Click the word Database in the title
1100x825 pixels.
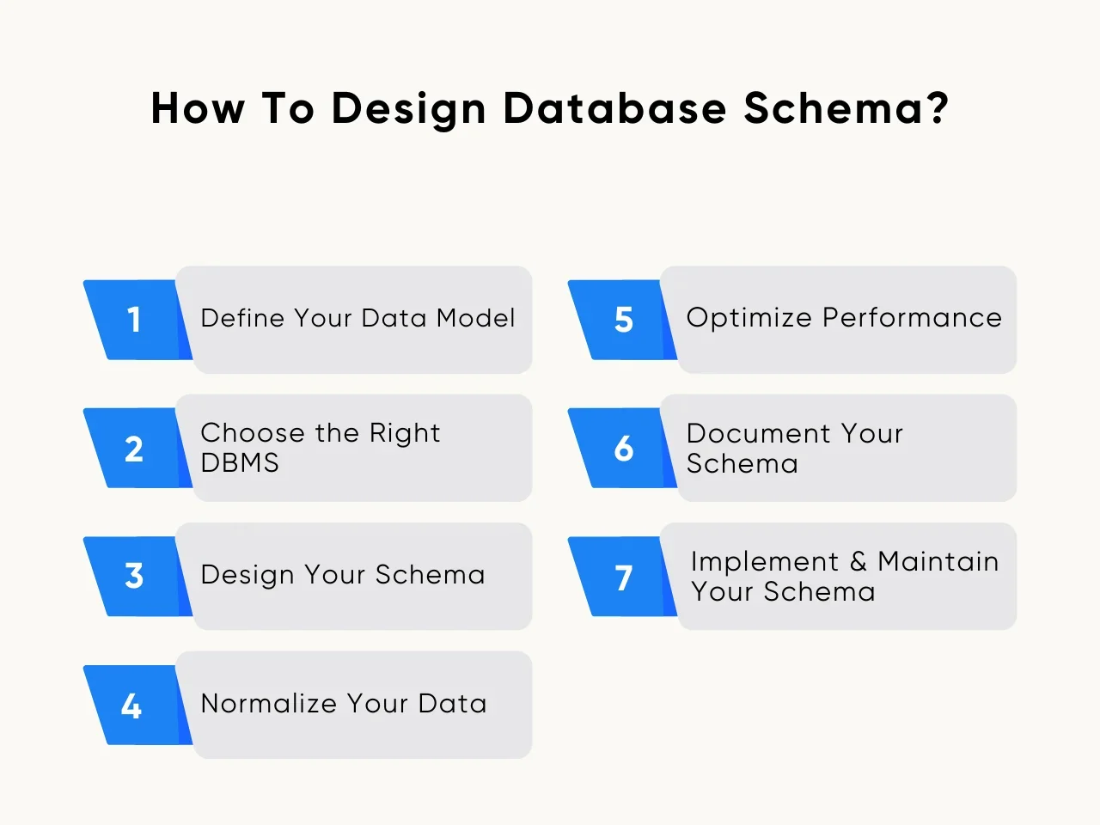[x=614, y=109]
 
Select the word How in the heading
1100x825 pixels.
[x=198, y=109]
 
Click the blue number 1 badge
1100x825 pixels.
[x=135, y=320]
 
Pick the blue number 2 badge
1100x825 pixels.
[x=135, y=449]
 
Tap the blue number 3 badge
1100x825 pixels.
[x=135, y=576]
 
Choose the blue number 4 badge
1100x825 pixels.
[x=132, y=706]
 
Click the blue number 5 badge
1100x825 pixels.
[x=623, y=320]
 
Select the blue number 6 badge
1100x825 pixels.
[x=623, y=449]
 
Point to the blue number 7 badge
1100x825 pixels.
[x=623, y=577]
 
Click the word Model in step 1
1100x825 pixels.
[x=475, y=318]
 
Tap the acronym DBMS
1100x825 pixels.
[x=240, y=463]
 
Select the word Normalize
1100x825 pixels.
[x=268, y=704]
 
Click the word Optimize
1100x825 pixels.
[x=749, y=318]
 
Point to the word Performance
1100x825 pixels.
[x=912, y=318]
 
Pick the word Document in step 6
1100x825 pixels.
[x=758, y=433]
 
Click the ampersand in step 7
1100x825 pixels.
[x=859, y=562]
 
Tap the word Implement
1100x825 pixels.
[x=765, y=562]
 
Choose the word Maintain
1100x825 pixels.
[x=938, y=562]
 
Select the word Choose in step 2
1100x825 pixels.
[x=253, y=433]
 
